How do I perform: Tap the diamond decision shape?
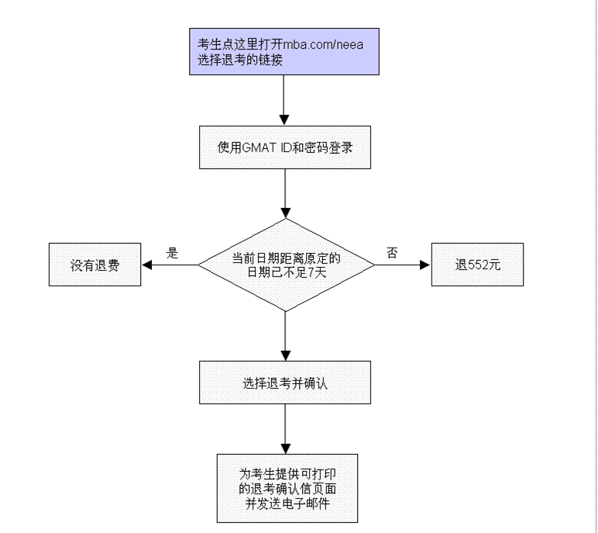[x=286, y=265]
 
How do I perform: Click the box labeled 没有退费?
[x=95, y=265]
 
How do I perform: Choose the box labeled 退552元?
[x=478, y=265]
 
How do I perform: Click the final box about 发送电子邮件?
[x=286, y=486]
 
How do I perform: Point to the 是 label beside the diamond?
[x=173, y=253]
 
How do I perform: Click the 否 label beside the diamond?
[x=392, y=253]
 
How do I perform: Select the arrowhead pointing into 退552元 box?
[x=424, y=265]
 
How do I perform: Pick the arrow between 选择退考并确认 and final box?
[x=285, y=428]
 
